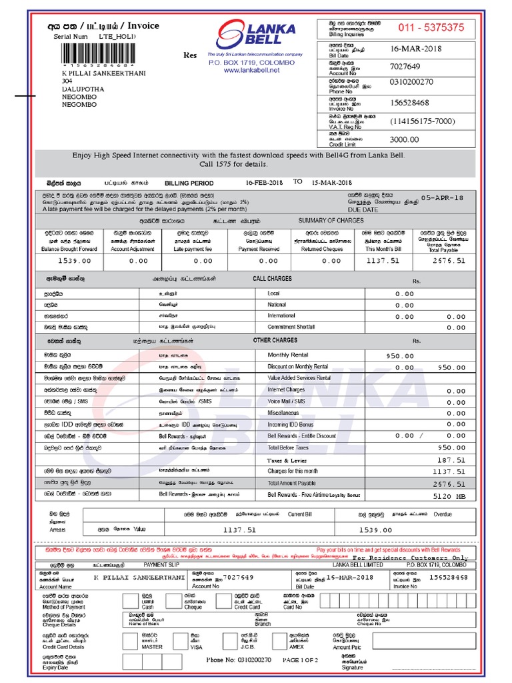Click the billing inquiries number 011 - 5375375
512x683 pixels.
[431, 27]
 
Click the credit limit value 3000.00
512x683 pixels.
[404, 139]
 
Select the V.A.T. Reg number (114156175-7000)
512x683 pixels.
[423, 121]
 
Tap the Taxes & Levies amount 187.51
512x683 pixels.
[451, 460]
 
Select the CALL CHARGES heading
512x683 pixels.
[272, 278]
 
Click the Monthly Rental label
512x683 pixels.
[288, 356]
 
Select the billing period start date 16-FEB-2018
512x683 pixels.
[265, 183]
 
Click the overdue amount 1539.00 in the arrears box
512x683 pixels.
[375, 530]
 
